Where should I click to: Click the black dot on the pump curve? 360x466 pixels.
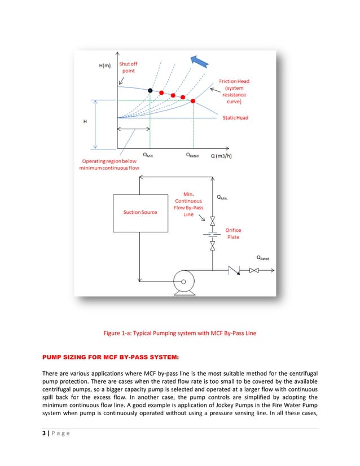[150, 90]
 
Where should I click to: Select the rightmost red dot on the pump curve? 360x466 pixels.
[194, 101]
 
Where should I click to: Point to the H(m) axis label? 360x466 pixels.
[105, 66]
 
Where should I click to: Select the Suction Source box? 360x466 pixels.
[141, 212]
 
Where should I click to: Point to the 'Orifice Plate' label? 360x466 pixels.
[232, 234]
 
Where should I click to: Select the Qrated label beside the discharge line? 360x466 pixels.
[263, 258]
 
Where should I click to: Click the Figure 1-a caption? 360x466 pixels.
[180, 333]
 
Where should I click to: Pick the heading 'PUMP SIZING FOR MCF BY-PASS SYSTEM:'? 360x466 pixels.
[108, 357]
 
